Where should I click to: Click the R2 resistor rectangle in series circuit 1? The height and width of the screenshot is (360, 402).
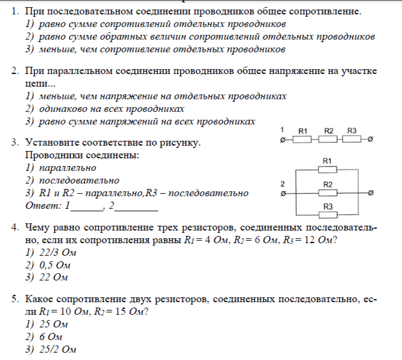pyautogui.click(x=328, y=140)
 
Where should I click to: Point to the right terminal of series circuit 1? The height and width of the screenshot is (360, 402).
pyautogui.click(x=370, y=140)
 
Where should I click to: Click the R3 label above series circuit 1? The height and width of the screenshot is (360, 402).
pyautogui.click(x=353, y=131)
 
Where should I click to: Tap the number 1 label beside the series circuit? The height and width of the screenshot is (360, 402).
pyautogui.click(x=283, y=130)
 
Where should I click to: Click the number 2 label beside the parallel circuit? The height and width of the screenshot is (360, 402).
pyautogui.click(x=283, y=183)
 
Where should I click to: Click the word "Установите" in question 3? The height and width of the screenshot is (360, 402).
pyautogui.click(x=52, y=143)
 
